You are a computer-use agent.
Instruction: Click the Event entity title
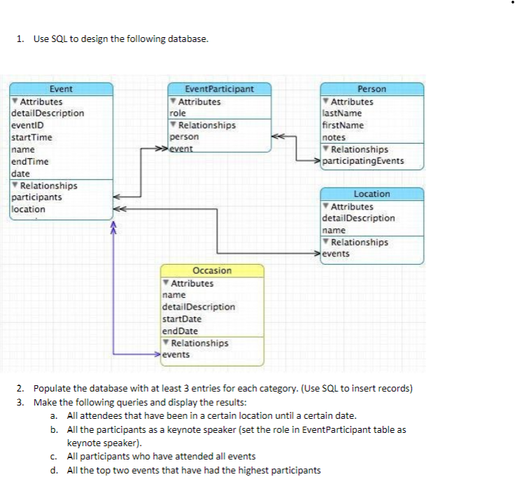pyautogui.click(x=61, y=89)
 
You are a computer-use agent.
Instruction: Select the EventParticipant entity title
pyautogui.click(x=219, y=89)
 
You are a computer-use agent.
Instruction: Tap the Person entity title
pyautogui.click(x=372, y=89)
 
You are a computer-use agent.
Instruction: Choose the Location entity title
pyautogui.click(x=372, y=194)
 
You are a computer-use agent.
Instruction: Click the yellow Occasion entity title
pyautogui.click(x=211, y=270)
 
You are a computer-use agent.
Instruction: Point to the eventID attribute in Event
pyautogui.click(x=27, y=125)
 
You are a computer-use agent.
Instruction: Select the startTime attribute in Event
pyautogui.click(x=31, y=137)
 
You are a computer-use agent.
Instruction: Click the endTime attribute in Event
pyautogui.click(x=30, y=161)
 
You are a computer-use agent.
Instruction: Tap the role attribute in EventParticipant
pyautogui.click(x=178, y=113)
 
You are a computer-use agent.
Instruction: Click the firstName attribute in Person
pyautogui.click(x=343, y=125)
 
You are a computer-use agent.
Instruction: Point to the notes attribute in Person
pyautogui.click(x=334, y=137)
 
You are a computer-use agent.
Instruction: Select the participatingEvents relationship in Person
pyautogui.click(x=362, y=161)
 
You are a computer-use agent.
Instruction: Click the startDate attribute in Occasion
pyautogui.click(x=180, y=319)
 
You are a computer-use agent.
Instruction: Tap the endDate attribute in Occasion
pyautogui.click(x=179, y=331)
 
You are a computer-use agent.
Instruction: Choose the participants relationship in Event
pyautogui.click(x=36, y=197)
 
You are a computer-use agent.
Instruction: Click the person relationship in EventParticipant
pyautogui.click(x=184, y=137)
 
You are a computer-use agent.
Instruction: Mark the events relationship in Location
pyautogui.click(x=337, y=254)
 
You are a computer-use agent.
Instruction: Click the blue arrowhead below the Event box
pyautogui.click(x=111, y=226)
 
